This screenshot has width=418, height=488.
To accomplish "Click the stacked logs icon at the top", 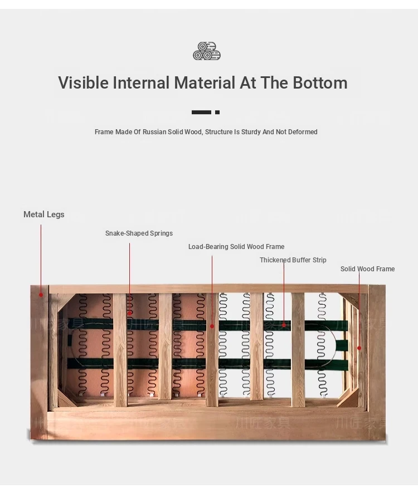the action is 207,51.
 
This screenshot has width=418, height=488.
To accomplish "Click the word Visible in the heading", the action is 84,83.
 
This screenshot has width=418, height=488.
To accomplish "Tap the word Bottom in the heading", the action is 320,83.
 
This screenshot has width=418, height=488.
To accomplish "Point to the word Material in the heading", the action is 205,83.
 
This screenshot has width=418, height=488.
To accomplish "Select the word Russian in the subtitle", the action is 154,132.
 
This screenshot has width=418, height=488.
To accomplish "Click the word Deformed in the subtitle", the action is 303,132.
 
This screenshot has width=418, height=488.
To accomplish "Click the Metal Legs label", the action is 44,214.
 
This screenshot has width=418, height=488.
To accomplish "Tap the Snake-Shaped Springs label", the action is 139,233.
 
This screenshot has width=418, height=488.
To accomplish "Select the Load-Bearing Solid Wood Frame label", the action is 236,247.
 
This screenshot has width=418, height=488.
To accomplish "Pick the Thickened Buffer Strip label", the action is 293,260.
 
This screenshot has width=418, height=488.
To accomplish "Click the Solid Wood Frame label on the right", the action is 367,269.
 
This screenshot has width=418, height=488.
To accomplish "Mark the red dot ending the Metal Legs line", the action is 41,295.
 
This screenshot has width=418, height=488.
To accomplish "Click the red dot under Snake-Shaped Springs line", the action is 129,313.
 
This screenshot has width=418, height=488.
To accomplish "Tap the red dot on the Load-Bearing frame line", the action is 212,326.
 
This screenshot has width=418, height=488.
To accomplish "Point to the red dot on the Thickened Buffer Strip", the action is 284,325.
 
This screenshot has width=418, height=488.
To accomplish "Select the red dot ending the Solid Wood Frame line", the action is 359,348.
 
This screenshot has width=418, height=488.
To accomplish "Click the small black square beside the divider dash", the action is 217,113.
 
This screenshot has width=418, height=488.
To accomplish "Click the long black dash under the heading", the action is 201,113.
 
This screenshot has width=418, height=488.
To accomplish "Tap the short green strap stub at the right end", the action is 342,345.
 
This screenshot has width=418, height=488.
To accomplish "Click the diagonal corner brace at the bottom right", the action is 347,398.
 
